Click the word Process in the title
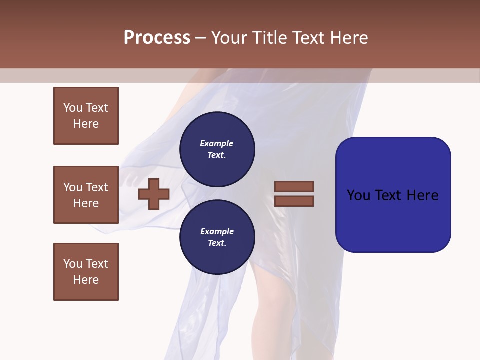click(x=157, y=38)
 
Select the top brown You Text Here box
click(x=86, y=116)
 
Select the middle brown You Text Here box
click(x=86, y=195)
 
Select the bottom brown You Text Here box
click(x=86, y=271)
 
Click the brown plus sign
click(x=154, y=193)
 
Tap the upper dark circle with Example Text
click(x=217, y=149)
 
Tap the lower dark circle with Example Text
click(x=217, y=237)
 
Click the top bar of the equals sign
click(x=294, y=187)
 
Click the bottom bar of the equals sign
click(x=294, y=201)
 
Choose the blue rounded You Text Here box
click(x=393, y=195)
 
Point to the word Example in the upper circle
click(x=216, y=143)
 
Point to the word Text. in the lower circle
click(x=217, y=243)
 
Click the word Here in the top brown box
click(x=86, y=124)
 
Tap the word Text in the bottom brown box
click(x=97, y=264)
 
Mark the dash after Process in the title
click(x=201, y=38)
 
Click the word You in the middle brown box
click(x=73, y=187)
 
